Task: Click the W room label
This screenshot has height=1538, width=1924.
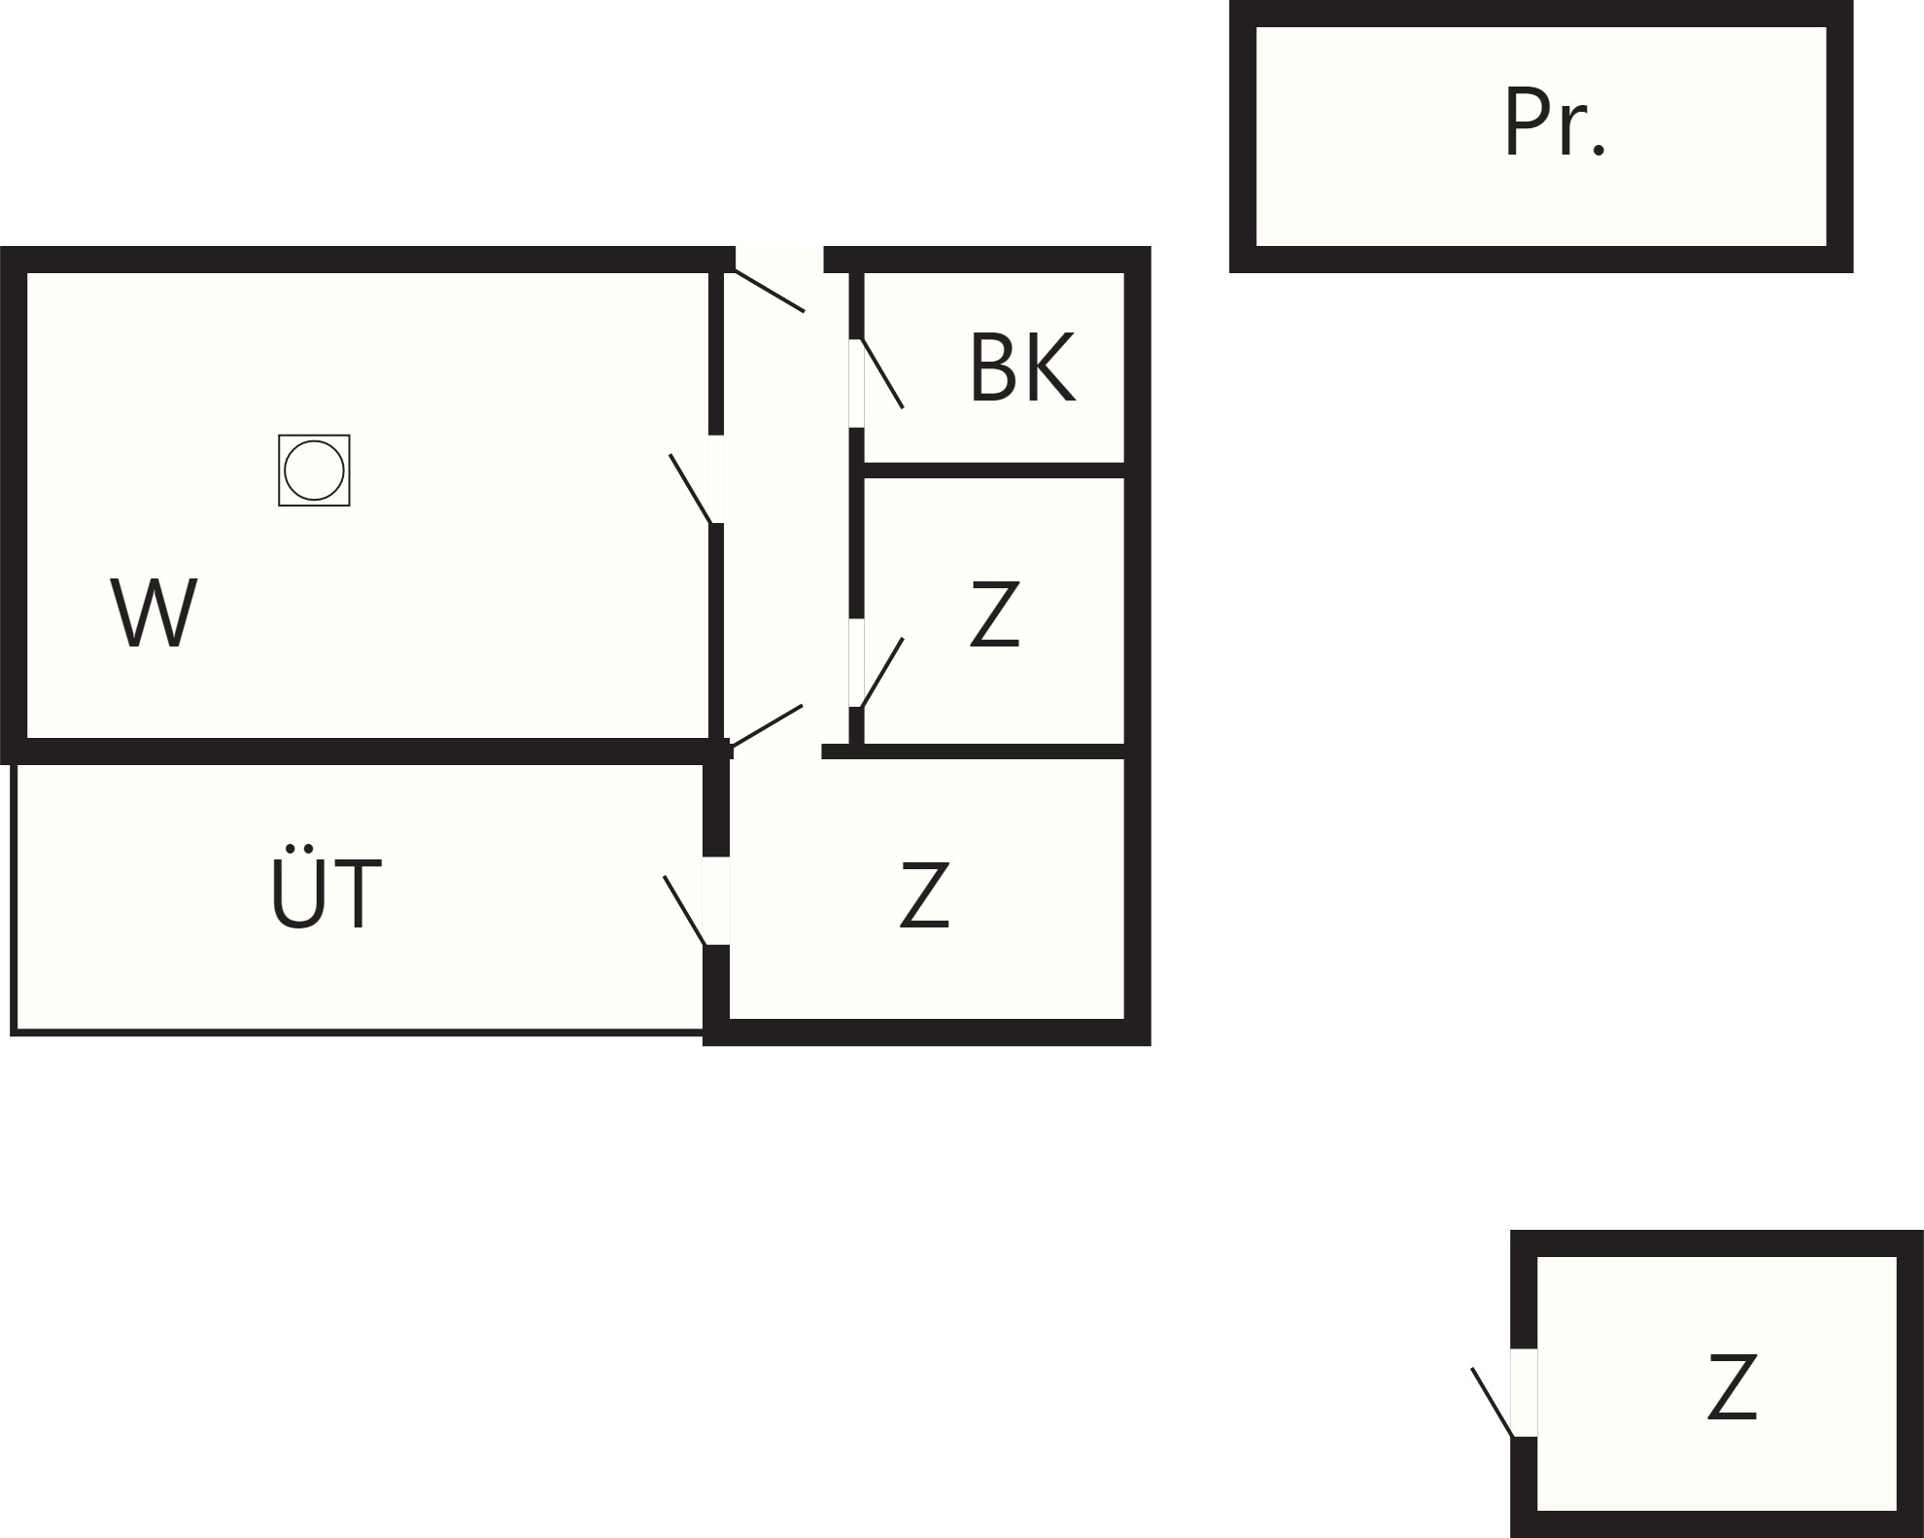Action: point(154,612)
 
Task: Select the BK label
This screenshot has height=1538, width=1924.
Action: point(1022,367)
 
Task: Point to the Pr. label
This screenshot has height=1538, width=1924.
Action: point(1555,122)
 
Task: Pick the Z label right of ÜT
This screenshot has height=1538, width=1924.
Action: point(924,894)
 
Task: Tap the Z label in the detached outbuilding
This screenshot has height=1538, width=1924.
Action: point(1733,1387)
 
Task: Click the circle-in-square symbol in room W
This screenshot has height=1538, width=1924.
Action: point(314,471)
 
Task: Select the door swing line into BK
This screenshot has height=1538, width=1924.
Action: point(882,373)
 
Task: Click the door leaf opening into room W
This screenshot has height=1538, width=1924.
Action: point(691,489)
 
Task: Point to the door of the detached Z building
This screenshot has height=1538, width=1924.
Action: point(1493,1402)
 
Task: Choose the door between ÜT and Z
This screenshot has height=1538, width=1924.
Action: point(685,910)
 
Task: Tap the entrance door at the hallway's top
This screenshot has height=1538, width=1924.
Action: point(770,291)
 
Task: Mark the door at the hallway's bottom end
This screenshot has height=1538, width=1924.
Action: point(766,726)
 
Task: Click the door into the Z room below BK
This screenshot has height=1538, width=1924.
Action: point(882,673)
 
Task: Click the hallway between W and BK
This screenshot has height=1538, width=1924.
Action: point(786,506)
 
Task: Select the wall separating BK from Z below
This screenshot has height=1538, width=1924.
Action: point(994,471)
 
